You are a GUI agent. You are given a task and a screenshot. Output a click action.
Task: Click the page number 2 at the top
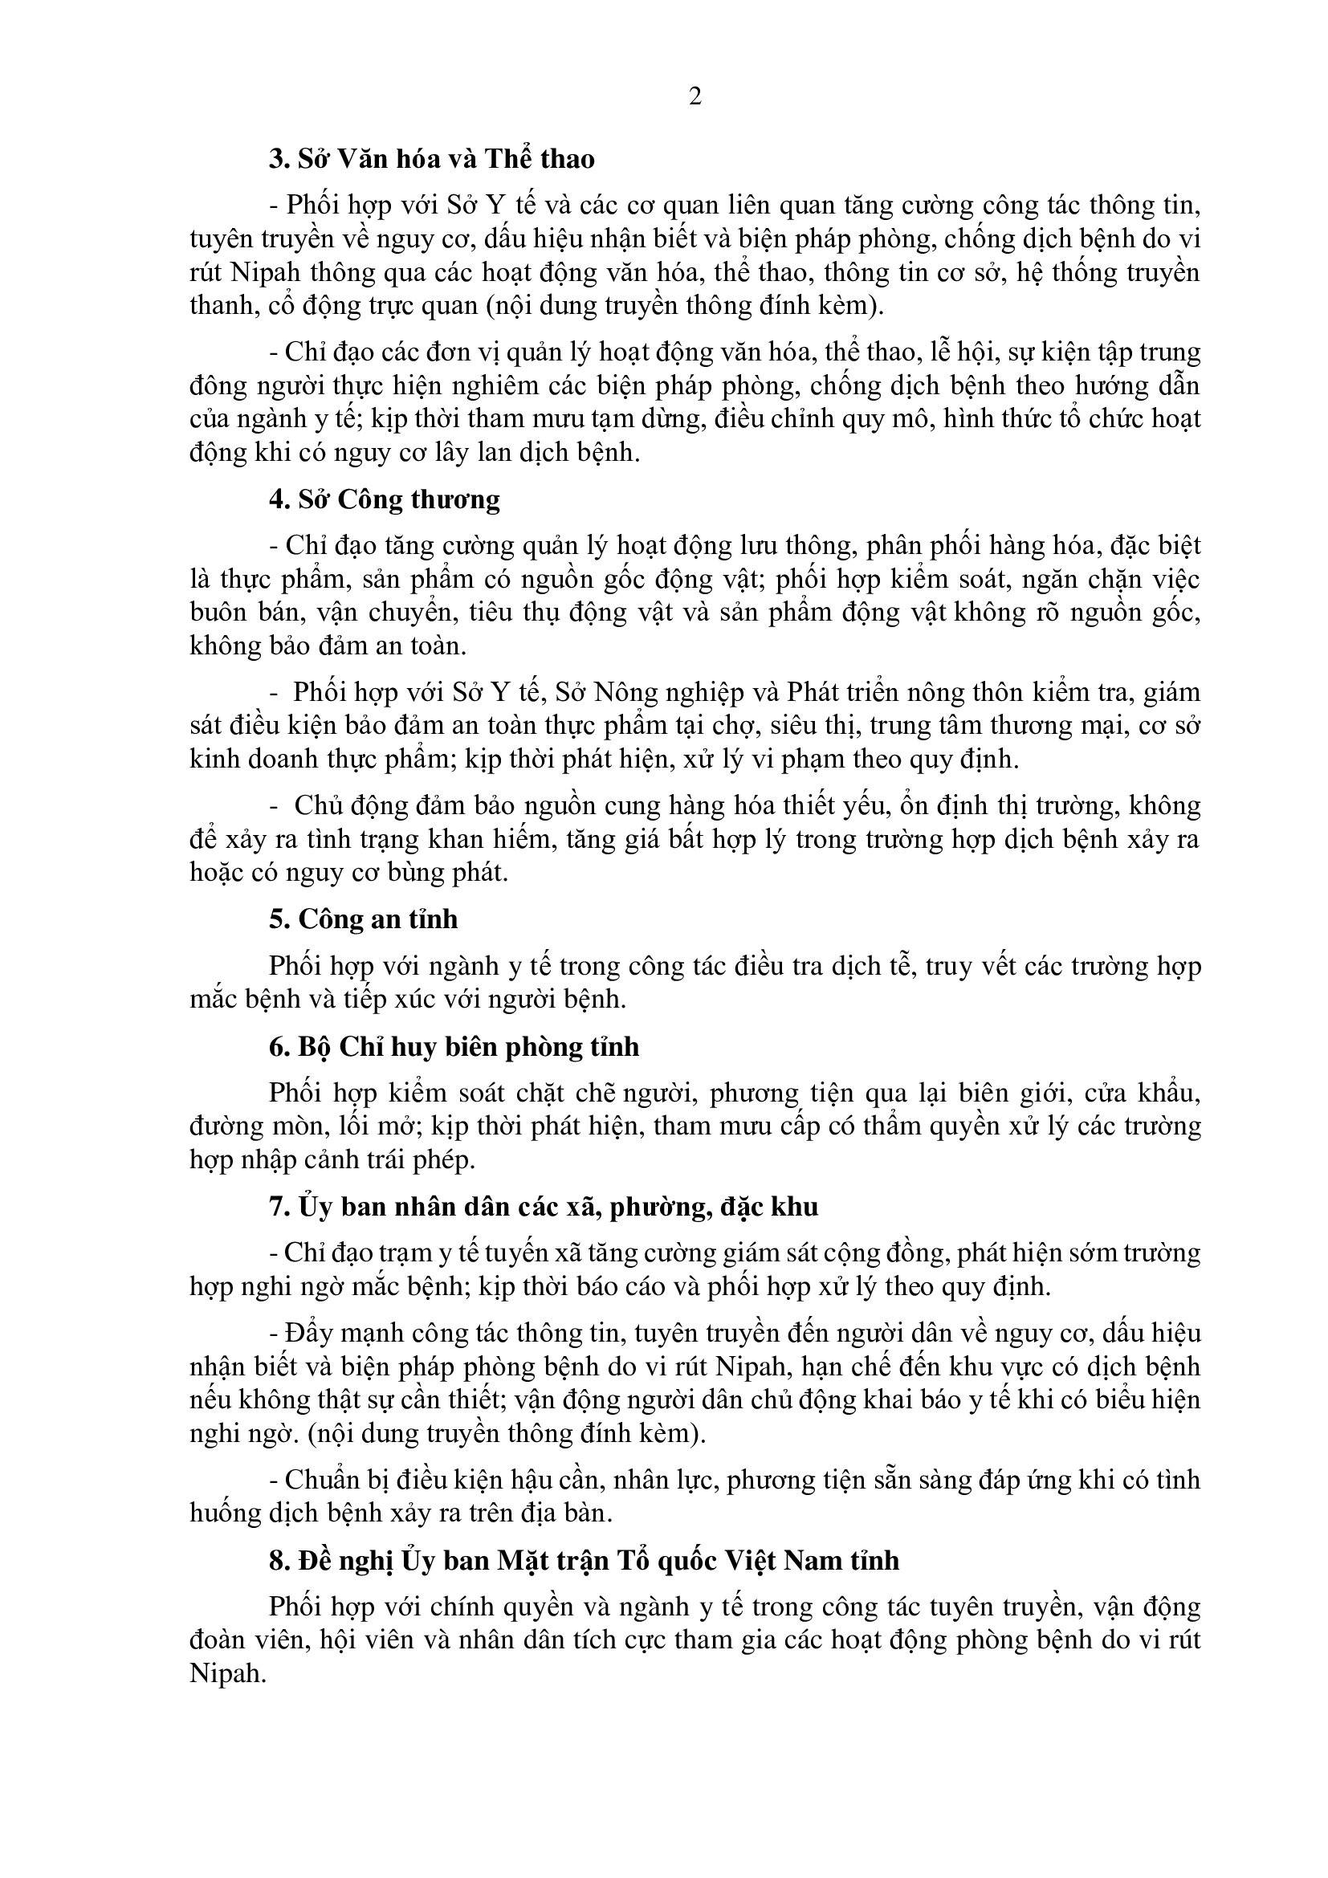[695, 97]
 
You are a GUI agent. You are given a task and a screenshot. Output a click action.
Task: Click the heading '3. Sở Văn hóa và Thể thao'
[432, 159]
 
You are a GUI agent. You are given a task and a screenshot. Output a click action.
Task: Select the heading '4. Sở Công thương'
[385, 499]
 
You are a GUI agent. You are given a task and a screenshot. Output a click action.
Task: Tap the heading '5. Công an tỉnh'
[363, 919]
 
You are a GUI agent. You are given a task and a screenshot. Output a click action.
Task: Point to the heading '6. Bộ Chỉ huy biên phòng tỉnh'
[454, 1047]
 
